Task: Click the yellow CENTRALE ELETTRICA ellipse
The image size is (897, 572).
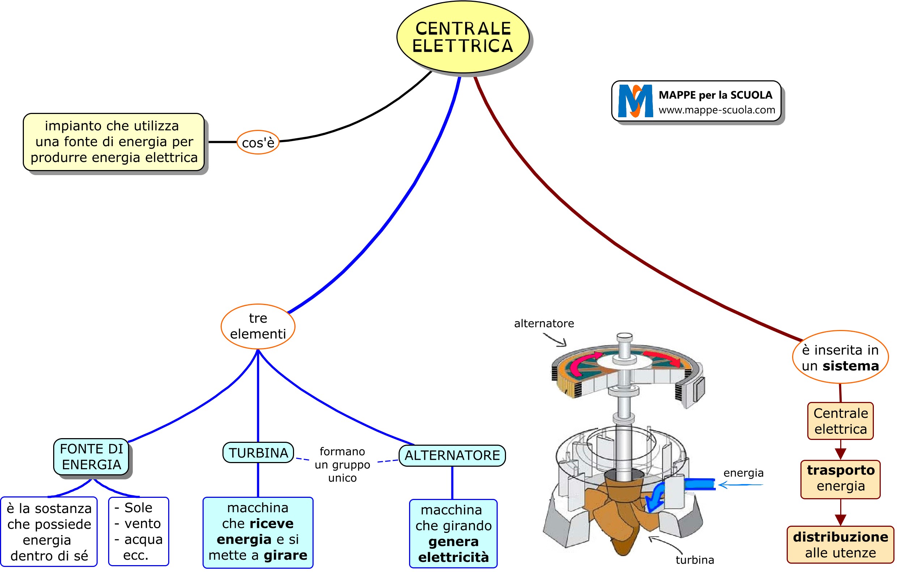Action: coord(463,37)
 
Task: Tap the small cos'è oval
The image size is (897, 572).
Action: coord(258,142)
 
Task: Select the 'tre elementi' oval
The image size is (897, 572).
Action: coord(258,326)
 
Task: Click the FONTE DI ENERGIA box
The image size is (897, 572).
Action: coord(91,457)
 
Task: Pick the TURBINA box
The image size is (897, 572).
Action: coord(258,453)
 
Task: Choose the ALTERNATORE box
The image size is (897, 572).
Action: coord(452,456)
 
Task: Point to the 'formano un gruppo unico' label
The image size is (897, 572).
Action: coord(342,465)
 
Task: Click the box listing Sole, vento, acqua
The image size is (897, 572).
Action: coord(139,531)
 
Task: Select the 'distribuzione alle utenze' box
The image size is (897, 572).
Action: coord(840,545)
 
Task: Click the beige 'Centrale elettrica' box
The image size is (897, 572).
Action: coord(840,421)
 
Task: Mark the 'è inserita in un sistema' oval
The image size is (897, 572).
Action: coord(840,358)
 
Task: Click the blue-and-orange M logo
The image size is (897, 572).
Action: coord(635,101)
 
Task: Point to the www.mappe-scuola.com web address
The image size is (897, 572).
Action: coord(717,110)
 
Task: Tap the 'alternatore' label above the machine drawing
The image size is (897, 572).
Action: coord(544,323)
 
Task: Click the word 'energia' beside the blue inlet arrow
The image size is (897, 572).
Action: coord(743,473)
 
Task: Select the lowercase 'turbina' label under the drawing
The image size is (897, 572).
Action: coord(695,560)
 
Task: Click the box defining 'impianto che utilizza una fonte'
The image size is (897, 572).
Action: coord(114,142)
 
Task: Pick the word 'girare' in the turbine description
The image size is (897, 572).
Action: coord(286,555)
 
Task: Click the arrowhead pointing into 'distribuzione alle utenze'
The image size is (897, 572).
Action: coord(840,520)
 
